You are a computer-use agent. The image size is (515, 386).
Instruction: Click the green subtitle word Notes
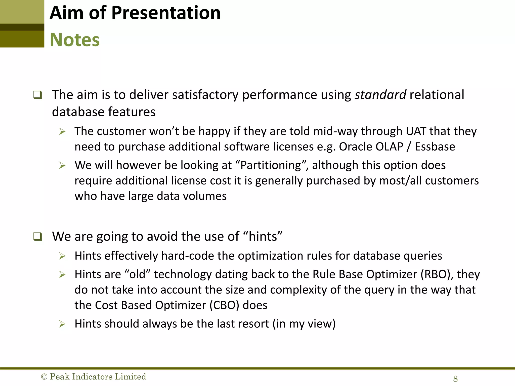pos(75,40)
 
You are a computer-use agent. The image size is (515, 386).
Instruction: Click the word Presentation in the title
pos(166,13)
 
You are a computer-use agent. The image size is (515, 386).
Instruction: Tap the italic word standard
pos(380,95)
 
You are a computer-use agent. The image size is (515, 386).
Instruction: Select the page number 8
pos(455,379)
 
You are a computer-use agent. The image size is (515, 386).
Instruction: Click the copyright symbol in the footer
pos(44,377)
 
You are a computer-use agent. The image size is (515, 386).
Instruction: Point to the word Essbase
pos(435,147)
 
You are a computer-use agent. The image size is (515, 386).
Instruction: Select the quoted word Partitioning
pos(271,165)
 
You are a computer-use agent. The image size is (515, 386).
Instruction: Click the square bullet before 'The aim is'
pos(37,95)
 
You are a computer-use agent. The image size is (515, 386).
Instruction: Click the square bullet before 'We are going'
pos(37,237)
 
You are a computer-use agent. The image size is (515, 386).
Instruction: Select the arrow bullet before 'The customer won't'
pos(62,131)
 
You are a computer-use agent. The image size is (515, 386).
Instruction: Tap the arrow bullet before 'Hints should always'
pos(62,324)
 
